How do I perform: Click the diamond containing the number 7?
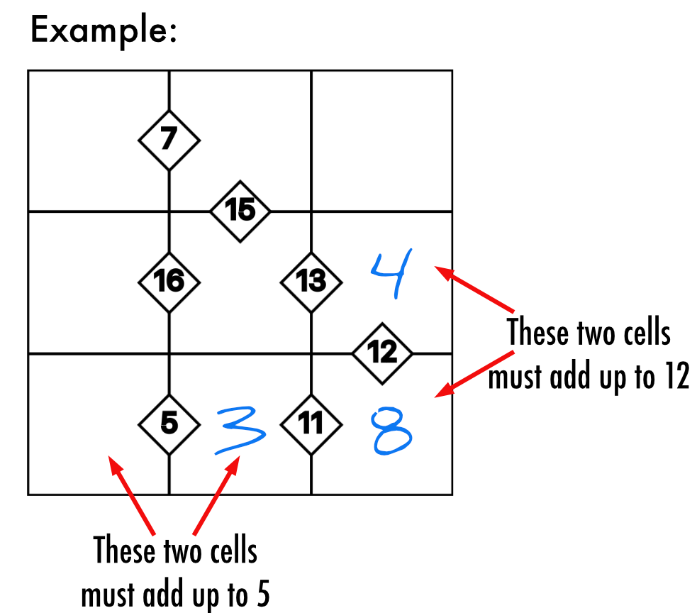[x=168, y=140]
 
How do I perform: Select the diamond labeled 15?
[x=240, y=211]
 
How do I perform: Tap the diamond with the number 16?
[x=168, y=282]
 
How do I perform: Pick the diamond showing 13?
[x=311, y=282]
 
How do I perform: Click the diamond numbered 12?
[x=382, y=353]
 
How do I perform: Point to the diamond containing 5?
[x=168, y=424]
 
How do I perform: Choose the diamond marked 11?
[x=311, y=424]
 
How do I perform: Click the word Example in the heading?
[x=103, y=31]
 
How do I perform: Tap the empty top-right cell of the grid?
[x=382, y=140]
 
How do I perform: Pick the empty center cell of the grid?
[x=240, y=298]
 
